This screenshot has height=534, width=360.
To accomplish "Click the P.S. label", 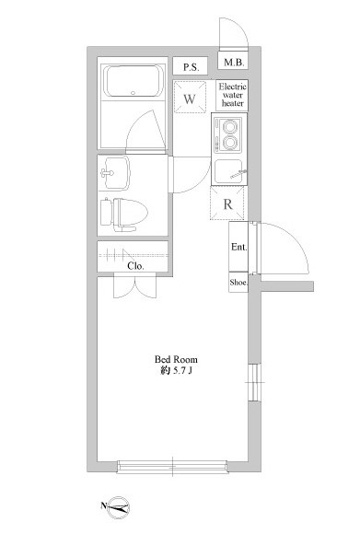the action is (191, 67).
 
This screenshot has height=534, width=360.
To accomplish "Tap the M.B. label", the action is (234, 63).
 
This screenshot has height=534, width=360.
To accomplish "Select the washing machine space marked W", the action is (190, 97).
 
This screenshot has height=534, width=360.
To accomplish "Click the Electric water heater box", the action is (232, 95).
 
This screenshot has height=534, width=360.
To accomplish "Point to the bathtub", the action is (134, 81).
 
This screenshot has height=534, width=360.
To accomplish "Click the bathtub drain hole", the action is (134, 93).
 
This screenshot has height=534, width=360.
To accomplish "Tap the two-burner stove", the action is (228, 134).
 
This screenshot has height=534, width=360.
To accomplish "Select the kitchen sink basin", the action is (228, 171).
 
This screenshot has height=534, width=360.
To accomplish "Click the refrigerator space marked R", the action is (227, 203).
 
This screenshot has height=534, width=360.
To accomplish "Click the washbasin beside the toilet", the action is (115, 173).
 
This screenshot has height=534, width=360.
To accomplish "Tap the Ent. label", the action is (238, 247).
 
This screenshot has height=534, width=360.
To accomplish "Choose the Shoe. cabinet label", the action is (238, 282).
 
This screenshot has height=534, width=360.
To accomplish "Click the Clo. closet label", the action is (135, 266).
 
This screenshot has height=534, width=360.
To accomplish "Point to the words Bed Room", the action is (176, 359).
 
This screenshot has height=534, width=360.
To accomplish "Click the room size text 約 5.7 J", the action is (176, 371).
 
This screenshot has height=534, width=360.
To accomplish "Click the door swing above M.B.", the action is (239, 29).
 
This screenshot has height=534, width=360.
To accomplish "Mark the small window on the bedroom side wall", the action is (254, 382).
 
